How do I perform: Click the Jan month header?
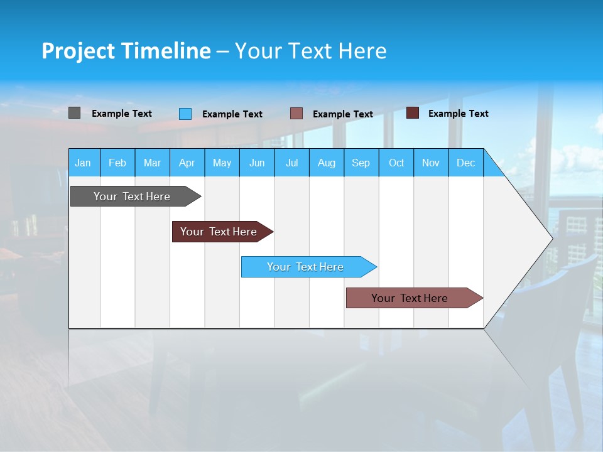click(x=84, y=163)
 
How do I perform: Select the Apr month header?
click(x=187, y=163)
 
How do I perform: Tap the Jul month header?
click(x=291, y=163)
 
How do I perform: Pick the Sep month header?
click(x=361, y=163)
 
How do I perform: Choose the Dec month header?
click(x=465, y=163)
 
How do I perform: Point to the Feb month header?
click(x=117, y=163)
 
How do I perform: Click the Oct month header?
click(x=396, y=163)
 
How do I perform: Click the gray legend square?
click(x=75, y=113)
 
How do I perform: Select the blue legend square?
click(x=185, y=114)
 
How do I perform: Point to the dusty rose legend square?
click(x=296, y=114)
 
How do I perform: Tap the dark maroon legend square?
click(x=413, y=113)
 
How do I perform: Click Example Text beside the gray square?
click(x=122, y=114)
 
